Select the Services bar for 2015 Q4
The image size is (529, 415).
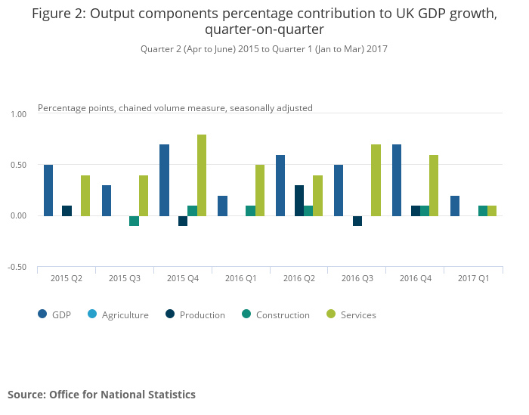(x=202, y=175)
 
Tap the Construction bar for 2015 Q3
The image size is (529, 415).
(x=134, y=221)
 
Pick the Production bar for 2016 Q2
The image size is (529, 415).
(x=299, y=200)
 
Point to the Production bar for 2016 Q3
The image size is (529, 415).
(x=357, y=221)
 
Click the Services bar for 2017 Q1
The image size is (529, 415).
(x=492, y=211)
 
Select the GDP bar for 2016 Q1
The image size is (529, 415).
(x=222, y=206)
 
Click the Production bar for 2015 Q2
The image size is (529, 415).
(x=67, y=211)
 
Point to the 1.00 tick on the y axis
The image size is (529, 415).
(x=18, y=114)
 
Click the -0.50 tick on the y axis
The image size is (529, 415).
(x=17, y=267)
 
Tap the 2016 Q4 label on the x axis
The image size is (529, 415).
(x=415, y=278)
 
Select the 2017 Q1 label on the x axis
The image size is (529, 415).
(x=473, y=278)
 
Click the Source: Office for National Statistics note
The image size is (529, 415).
(x=101, y=395)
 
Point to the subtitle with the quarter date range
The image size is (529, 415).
(x=264, y=49)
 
